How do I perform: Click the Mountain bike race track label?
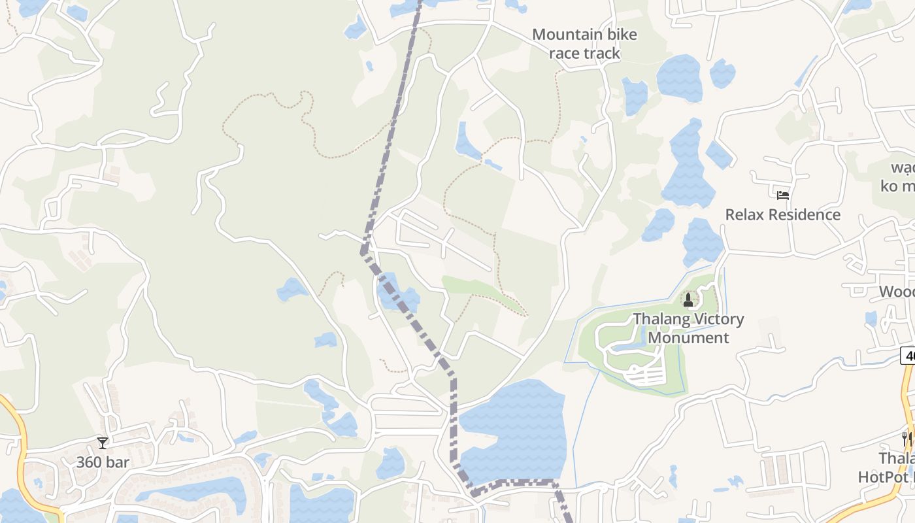tap(584, 43)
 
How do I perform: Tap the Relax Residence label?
tap(782, 214)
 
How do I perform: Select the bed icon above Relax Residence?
tap(782, 195)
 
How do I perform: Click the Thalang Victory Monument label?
tap(688, 328)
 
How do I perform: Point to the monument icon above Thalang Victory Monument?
tap(688, 300)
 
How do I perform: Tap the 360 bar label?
tap(103, 462)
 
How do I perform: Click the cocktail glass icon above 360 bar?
tap(103, 443)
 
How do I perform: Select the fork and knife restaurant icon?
tap(907, 437)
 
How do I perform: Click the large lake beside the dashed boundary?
tap(516, 431)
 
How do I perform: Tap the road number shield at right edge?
tap(908, 356)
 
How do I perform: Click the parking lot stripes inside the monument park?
tap(644, 375)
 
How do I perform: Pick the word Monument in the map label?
tap(688, 337)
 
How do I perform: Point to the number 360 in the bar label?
tap(89, 462)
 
